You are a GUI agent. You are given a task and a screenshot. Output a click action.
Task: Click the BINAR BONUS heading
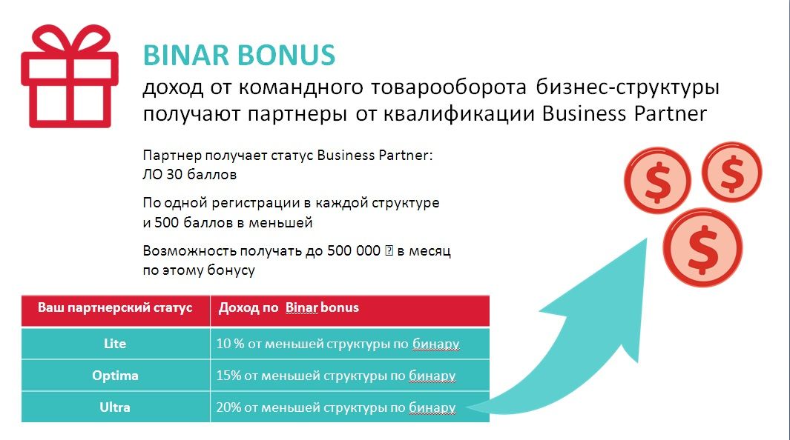(x=239, y=56)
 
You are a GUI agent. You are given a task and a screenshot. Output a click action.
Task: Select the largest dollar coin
(x=702, y=247)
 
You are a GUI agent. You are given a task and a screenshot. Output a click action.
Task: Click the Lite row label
(x=115, y=344)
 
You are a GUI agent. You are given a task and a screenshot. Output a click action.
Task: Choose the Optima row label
(x=115, y=376)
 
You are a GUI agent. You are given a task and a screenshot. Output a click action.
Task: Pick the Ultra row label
(x=115, y=407)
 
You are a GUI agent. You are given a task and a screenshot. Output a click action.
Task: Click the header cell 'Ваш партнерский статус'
(x=115, y=307)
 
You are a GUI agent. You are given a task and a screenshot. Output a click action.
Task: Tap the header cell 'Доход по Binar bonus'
(x=289, y=307)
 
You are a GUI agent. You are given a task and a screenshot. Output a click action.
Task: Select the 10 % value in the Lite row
(x=230, y=344)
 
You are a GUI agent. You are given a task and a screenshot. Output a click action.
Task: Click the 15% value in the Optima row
(x=228, y=376)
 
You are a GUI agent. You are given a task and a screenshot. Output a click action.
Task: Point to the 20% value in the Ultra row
(x=228, y=407)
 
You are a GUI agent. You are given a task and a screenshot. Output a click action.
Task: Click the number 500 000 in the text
(x=353, y=250)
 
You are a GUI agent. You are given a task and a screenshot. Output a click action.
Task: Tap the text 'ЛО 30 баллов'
(x=189, y=175)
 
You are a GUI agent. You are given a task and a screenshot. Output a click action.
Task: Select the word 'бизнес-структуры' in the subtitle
(x=628, y=87)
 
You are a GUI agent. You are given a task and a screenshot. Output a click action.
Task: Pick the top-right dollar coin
(x=731, y=172)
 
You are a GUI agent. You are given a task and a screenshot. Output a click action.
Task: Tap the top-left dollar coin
(x=657, y=180)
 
